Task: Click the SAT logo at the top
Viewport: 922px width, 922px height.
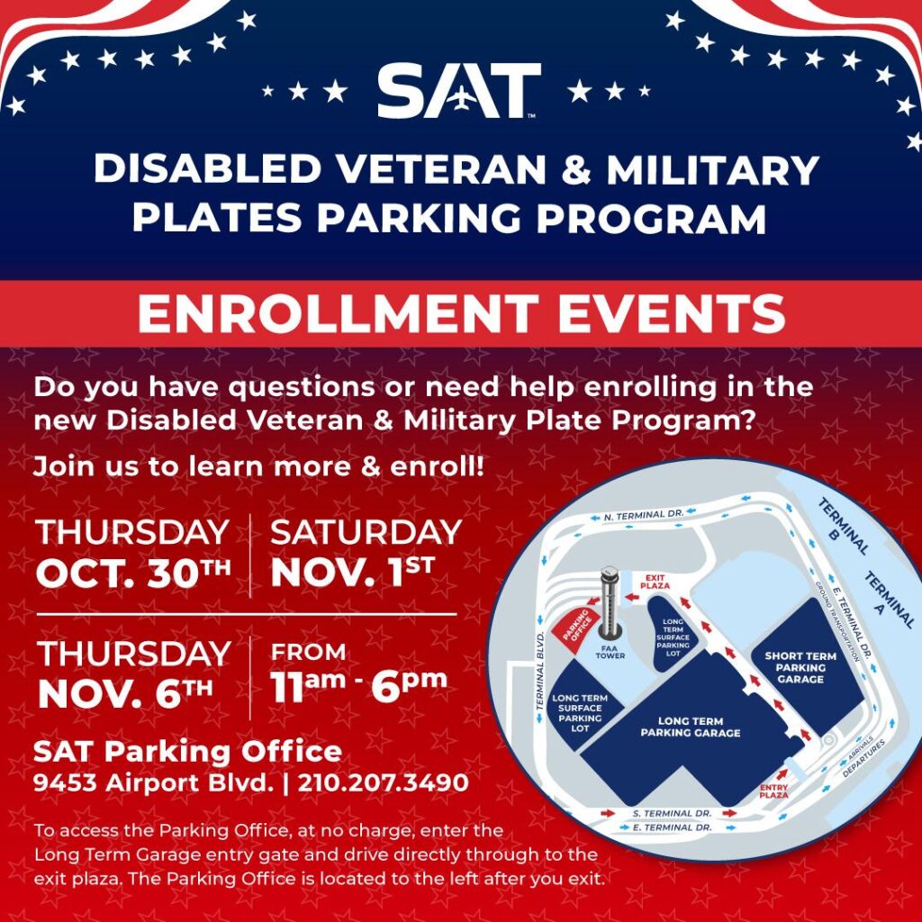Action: click(x=459, y=91)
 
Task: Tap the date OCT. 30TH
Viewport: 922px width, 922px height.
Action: click(x=134, y=573)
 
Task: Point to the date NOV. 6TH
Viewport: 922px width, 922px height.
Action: click(x=126, y=693)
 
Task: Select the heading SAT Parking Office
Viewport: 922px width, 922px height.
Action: click(x=187, y=752)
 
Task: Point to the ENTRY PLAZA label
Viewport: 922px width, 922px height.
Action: click(x=774, y=790)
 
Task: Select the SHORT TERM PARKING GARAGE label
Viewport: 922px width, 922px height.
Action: click(x=800, y=667)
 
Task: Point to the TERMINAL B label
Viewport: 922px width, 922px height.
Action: click(x=843, y=526)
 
